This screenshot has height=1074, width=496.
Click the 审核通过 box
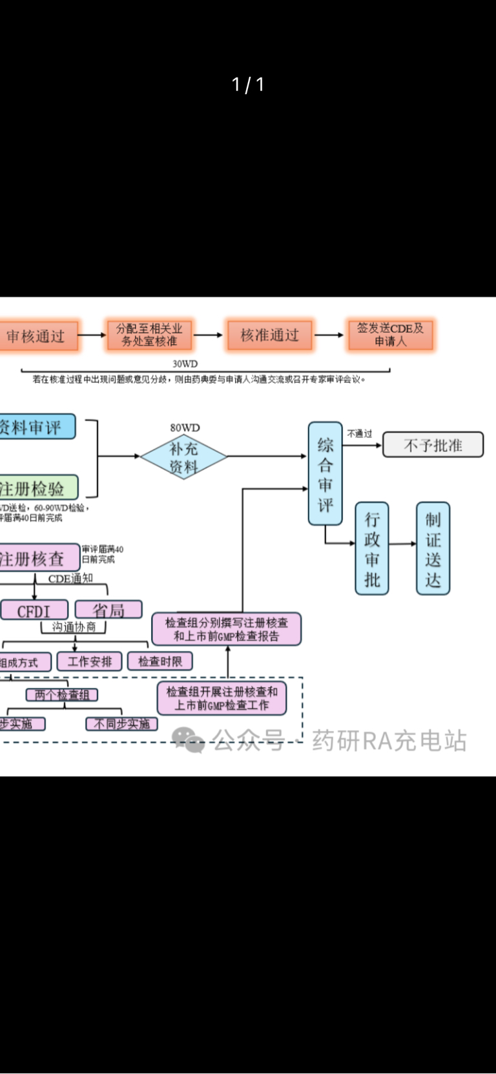pyautogui.click(x=37, y=336)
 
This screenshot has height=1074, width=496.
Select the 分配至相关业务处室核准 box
pyautogui.click(x=149, y=335)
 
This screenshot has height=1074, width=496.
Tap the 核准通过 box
pyautogui.click(x=269, y=335)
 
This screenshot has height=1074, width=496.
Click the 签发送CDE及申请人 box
pyautogui.click(x=390, y=335)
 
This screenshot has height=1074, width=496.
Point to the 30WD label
pyautogui.click(x=185, y=364)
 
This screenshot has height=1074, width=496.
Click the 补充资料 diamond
pyautogui.click(x=183, y=457)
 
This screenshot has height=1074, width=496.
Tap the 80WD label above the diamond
pyautogui.click(x=185, y=428)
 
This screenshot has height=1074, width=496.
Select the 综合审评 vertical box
pyautogui.click(x=325, y=473)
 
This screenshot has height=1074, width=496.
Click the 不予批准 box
pyautogui.click(x=433, y=445)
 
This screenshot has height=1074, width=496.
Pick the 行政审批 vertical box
pyautogui.click(x=372, y=548)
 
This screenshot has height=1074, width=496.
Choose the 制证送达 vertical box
pyautogui.click(x=433, y=548)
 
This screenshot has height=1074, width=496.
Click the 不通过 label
pyautogui.click(x=360, y=433)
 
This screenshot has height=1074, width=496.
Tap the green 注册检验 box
pyautogui.click(x=36, y=488)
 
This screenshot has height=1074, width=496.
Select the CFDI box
pyautogui.click(x=34, y=610)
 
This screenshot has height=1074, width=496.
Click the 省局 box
pyautogui.click(x=108, y=610)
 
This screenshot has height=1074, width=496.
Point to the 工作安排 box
pyautogui.click(x=90, y=661)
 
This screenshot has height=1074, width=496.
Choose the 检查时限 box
pyautogui.click(x=160, y=661)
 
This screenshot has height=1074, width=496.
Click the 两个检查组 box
pyautogui.click(x=62, y=695)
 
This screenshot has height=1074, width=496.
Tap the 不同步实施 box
pyautogui.click(x=121, y=724)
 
